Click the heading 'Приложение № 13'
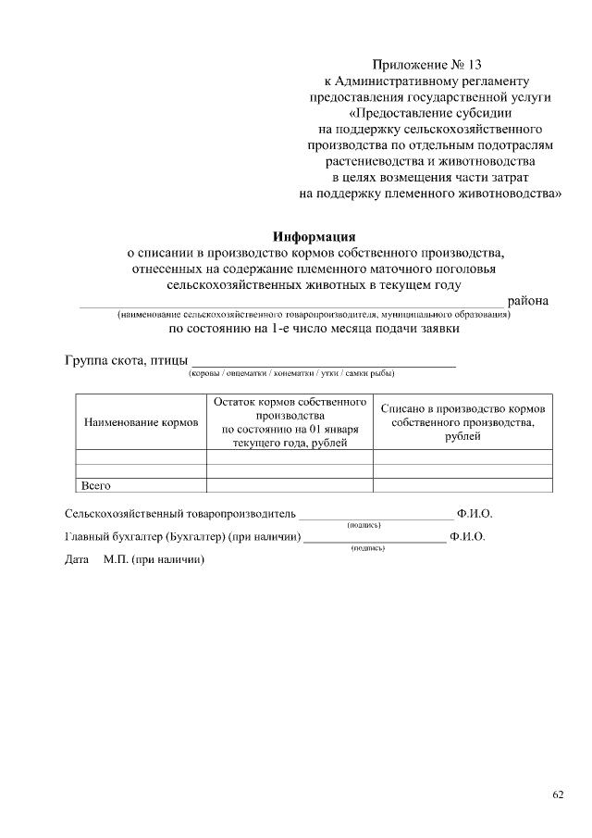coord(426,65)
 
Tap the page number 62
coord(558,794)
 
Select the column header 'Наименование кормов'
coord(142,422)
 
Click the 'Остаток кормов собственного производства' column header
coord(290,422)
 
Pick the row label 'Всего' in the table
coord(96,484)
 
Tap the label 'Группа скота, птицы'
coord(126,360)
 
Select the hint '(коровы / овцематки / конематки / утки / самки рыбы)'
coord(291,374)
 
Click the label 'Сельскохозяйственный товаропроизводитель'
coord(180,512)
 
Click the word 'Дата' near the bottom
coord(77,560)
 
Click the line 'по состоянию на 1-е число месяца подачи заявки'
coord(314,328)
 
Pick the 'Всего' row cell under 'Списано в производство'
coord(462,484)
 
